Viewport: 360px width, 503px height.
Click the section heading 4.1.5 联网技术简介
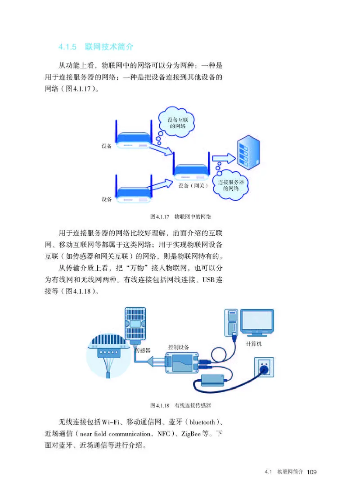point(95,46)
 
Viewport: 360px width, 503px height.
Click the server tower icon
point(248,152)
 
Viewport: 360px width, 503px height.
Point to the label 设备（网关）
point(192,185)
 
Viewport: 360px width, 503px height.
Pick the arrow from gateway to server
point(224,158)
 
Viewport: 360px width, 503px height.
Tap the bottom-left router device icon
point(132,192)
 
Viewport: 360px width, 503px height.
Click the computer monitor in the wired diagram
point(256,322)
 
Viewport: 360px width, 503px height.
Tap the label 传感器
point(143,350)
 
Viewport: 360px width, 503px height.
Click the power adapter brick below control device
point(213,380)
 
